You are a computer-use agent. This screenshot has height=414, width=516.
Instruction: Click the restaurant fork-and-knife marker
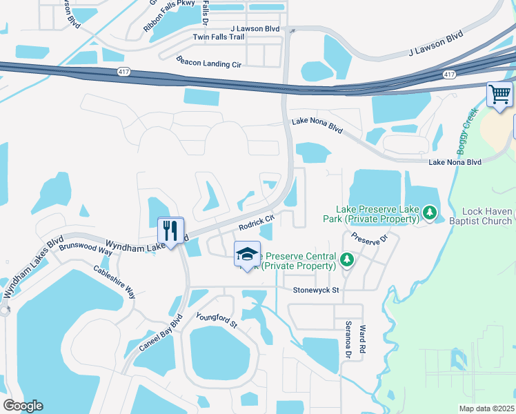tap(170, 229)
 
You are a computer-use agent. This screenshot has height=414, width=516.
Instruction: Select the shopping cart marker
tap(499, 95)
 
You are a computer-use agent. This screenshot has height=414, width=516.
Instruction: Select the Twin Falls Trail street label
tap(219, 37)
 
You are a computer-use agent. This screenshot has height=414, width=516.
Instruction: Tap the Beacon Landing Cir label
tap(208, 62)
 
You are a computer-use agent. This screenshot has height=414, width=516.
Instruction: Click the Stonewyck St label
tap(316, 290)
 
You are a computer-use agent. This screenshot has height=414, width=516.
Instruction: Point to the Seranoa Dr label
tap(348, 340)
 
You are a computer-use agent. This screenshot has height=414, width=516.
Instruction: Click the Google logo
tap(23, 406)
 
